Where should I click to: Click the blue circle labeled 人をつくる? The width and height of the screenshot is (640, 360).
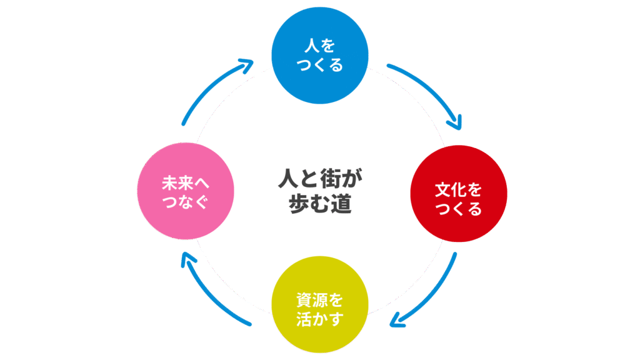tap(320, 54)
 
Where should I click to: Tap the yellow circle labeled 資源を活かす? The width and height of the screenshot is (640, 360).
tap(320, 304)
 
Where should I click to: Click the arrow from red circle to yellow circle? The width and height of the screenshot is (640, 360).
tap(431, 294)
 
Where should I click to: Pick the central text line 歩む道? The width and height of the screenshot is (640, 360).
tap(320, 204)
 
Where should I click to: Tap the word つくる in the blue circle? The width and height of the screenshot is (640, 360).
tap(320, 66)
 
